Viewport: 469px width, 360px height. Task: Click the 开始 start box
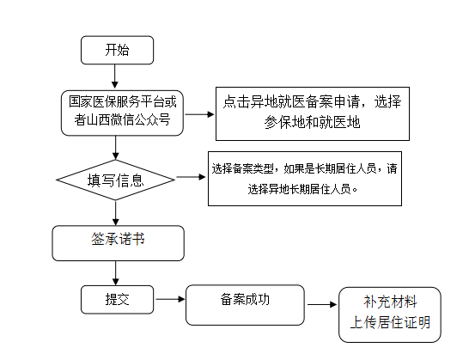tap(117, 50)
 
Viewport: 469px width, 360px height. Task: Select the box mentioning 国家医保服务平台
tap(122, 113)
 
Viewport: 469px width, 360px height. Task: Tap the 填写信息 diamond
tap(115, 180)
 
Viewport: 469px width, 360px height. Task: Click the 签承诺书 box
tap(119, 243)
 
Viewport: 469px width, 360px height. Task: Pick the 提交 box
tap(117, 299)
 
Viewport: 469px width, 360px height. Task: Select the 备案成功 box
tap(245, 305)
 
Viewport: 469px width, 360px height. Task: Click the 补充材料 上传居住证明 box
tap(390, 314)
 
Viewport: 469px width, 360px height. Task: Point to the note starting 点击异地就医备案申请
tap(313, 113)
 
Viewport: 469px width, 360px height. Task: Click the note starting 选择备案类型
tap(305, 179)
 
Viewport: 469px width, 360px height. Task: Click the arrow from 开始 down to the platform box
tap(115, 76)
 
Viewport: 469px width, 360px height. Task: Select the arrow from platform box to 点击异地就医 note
tap(199, 114)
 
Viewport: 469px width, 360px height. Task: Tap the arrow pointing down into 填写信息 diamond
tap(115, 148)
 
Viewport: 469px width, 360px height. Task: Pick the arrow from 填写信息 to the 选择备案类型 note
tap(192, 177)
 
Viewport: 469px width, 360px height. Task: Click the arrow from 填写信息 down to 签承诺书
tap(115, 213)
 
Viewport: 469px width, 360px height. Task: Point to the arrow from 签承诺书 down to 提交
tap(115, 273)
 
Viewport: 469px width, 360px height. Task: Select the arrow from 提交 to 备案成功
tap(170, 299)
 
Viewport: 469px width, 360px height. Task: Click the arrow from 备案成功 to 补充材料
tap(322, 304)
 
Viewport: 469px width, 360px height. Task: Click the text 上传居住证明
tap(390, 322)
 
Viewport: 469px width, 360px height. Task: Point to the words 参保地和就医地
tap(313, 122)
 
